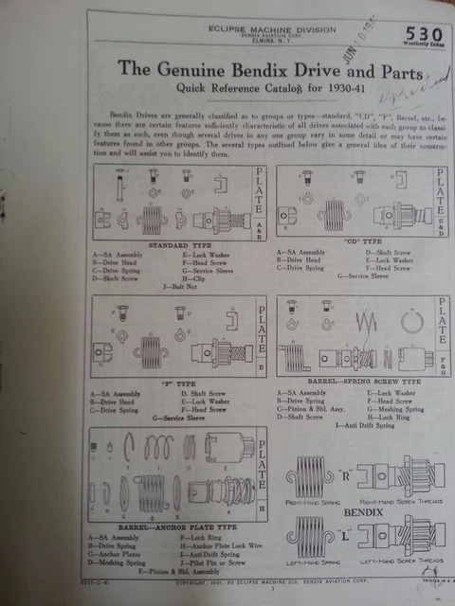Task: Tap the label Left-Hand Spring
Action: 312,561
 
